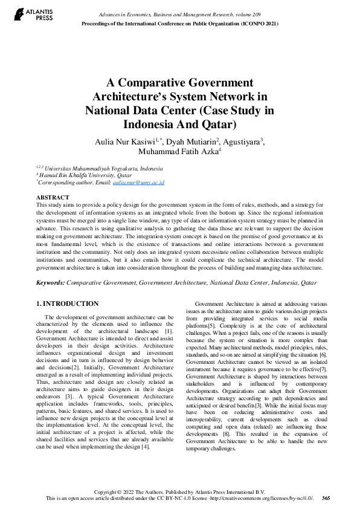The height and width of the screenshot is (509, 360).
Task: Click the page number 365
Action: tap(326, 498)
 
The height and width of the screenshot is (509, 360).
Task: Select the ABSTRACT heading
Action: tap(53, 198)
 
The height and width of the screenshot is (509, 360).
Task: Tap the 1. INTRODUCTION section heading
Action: tap(67, 303)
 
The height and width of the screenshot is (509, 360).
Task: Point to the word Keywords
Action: tap(50, 282)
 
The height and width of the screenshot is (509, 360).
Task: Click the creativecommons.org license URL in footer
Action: tap(260, 498)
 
